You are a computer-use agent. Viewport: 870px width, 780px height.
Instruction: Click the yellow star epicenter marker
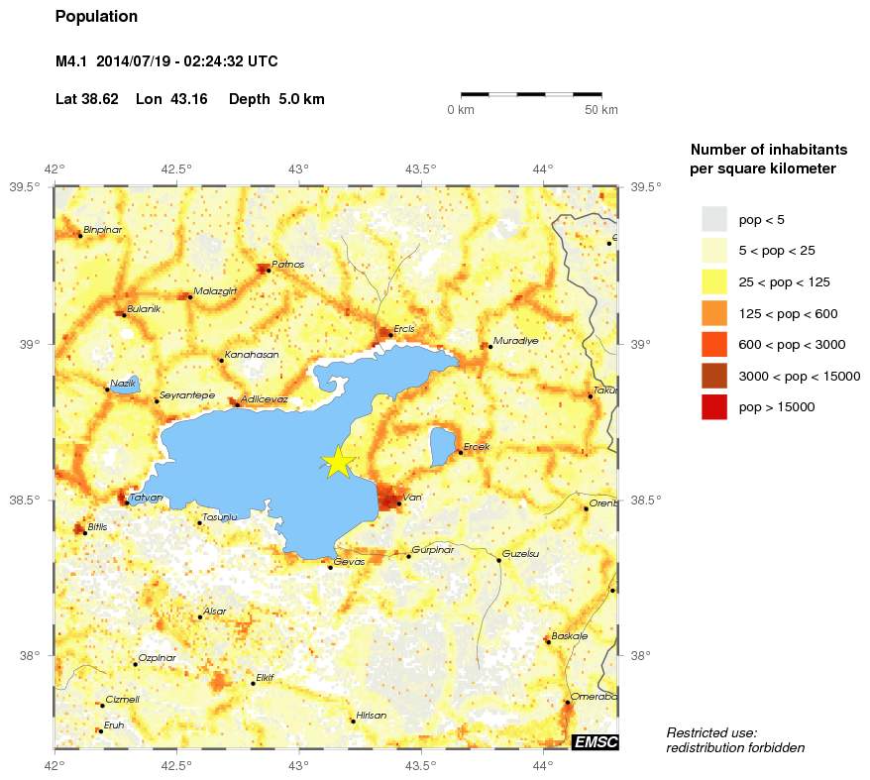(338, 462)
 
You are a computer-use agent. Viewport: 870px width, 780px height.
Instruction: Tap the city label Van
(412, 498)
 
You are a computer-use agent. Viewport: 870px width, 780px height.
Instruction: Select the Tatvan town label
(147, 498)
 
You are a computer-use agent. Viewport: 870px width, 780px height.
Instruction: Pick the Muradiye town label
(515, 340)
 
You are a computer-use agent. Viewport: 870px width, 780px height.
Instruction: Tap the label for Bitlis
(98, 527)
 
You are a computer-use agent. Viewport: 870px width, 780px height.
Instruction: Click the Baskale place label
(569, 635)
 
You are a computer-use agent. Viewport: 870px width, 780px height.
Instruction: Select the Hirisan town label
(372, 715)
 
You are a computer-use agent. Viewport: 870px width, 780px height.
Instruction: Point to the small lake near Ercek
(443, 447)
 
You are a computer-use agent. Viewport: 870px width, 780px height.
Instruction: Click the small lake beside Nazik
(125, 386)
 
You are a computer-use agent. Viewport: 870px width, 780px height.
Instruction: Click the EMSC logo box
(596, 742)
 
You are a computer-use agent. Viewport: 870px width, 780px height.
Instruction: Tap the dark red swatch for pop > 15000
(713, 407)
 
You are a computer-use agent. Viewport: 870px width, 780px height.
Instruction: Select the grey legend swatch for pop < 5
(713, 219)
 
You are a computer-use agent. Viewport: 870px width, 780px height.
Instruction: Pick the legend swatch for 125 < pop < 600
(713, 313)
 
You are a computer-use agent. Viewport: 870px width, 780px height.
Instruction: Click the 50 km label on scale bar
(601, 110)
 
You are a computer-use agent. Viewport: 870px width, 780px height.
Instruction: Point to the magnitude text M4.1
(71, 61)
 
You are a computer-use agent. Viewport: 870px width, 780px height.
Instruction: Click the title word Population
(96, 17)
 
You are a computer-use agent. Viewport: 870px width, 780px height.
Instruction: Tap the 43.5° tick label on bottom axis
(421, 765)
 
